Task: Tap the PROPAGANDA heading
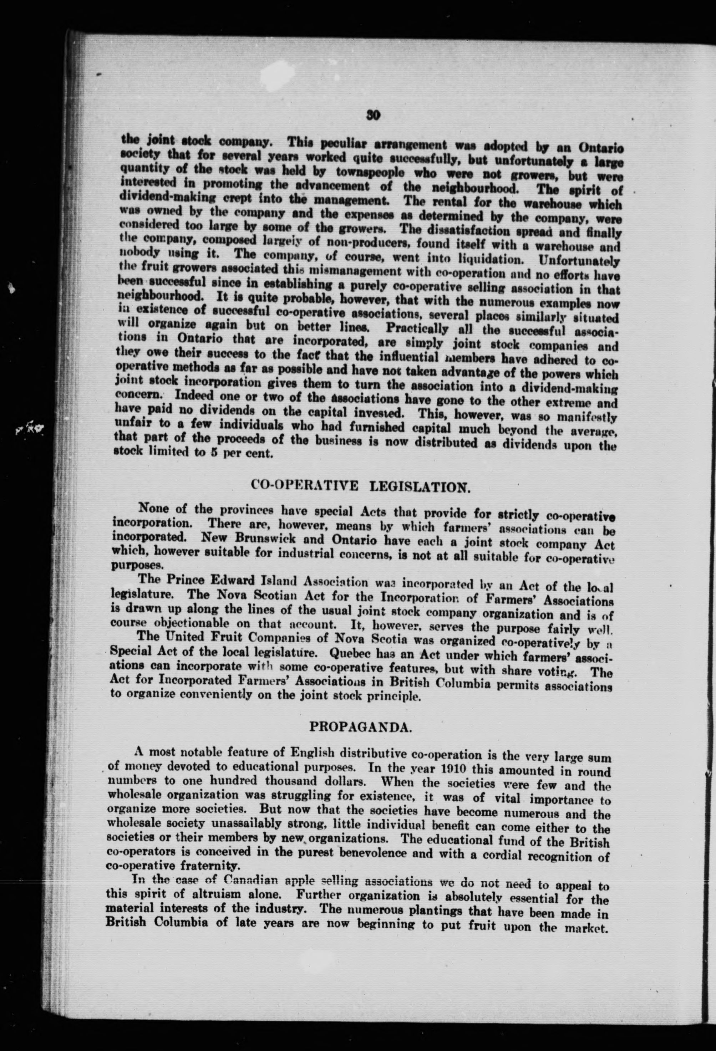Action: pos(360,727)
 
